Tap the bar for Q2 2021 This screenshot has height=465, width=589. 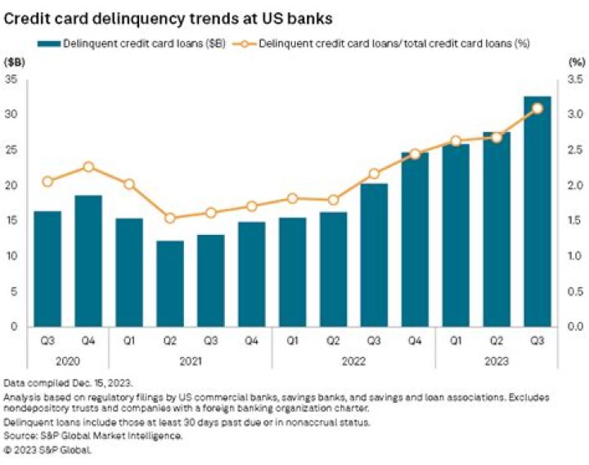(x=170, y=283)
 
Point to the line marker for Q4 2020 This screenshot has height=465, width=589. (x=88, y=167)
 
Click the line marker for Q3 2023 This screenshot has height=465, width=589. (x=537, y=108)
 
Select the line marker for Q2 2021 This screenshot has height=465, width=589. (x=170, y=218)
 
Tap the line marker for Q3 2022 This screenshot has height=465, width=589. (x=374, y=174)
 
